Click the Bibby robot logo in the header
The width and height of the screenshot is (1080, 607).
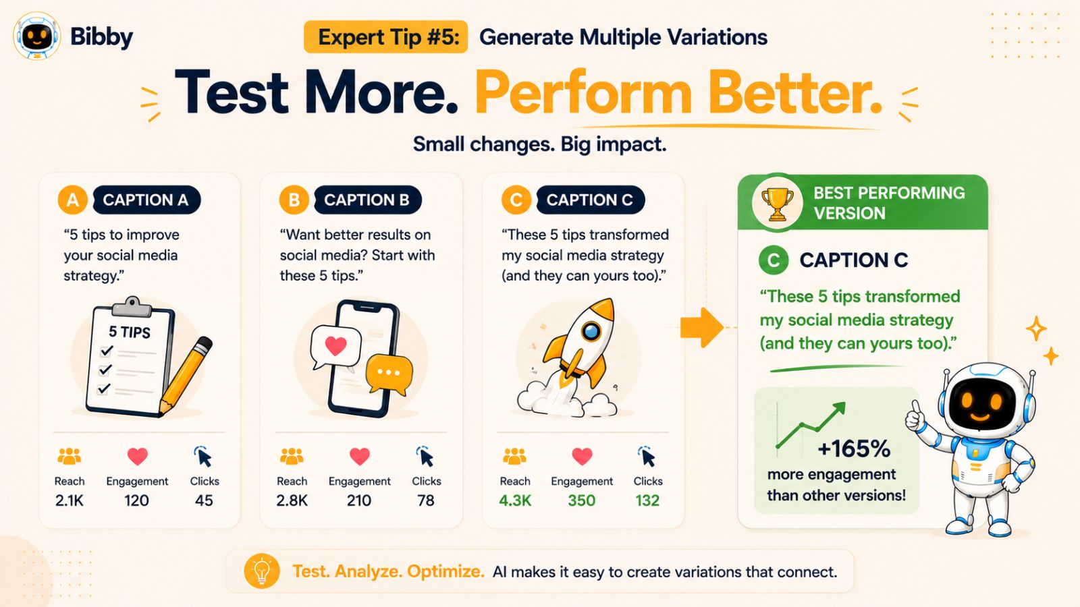coord(36,36)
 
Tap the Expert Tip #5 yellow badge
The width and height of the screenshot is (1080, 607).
coord(385,36)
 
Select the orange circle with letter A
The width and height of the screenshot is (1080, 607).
coord(73,200)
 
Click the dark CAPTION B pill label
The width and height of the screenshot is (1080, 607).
coord(367,200)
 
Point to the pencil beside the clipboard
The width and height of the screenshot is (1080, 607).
coord(186,375)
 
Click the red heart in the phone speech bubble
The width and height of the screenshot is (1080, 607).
coord(335,345)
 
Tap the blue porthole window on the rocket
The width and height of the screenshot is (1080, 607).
coord(591,331)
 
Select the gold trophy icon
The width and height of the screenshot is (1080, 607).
coord(777,204)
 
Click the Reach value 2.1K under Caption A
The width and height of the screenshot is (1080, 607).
coord(70,500)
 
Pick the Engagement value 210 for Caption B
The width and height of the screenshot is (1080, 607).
coord(359,500)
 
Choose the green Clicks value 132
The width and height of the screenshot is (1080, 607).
coord(647,500)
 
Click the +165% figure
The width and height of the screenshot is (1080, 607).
coord(854,449)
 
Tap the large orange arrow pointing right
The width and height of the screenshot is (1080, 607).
coord(702,328)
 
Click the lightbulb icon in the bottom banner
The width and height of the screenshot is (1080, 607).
coord(262,571)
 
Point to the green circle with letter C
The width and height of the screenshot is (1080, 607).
coord(774,260)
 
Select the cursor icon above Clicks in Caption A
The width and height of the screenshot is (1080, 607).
coord(203,456)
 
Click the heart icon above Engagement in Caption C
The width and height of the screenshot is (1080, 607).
coord(582,456)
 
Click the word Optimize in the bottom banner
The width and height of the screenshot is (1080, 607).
coord(446,571)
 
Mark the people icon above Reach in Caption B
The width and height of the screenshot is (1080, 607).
coord(292,456)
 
